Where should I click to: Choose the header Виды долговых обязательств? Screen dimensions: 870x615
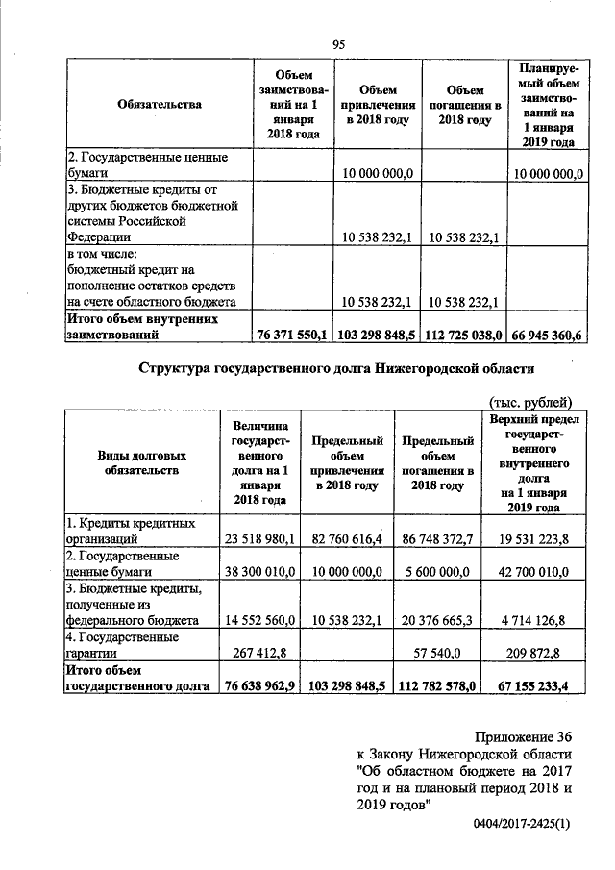pyautogui.click(x=141, y=462)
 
